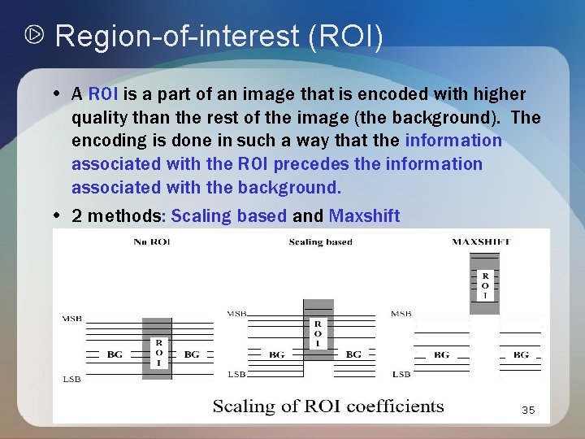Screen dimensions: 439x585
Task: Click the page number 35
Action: point(528,411)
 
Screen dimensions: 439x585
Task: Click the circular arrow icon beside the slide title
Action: point(36,36)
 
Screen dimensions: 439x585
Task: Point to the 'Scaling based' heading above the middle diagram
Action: point(320,241)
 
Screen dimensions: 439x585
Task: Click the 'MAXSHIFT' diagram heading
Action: point(484,241)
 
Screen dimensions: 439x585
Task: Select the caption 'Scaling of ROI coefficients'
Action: point(328,406)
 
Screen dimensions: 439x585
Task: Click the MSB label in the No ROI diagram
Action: point(71,319)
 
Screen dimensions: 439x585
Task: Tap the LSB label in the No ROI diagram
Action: point(71,380)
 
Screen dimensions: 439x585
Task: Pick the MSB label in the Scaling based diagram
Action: point(236,313)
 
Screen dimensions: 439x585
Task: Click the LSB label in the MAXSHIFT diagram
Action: point(401,374)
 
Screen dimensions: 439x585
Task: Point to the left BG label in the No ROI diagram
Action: point(115,354)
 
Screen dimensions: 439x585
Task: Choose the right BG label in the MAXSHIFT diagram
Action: point(521,354)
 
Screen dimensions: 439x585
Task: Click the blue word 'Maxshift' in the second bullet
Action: point(364,215)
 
